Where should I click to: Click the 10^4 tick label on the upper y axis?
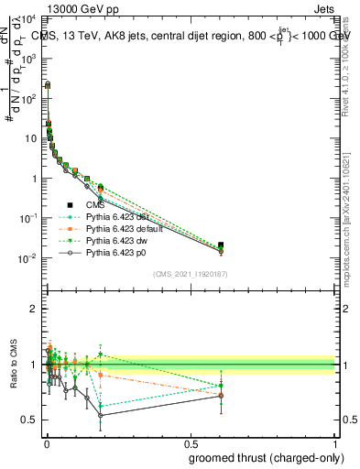click(29, 19)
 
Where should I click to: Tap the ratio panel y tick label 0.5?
click(31, 420)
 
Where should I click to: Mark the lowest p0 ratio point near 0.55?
click(100, 415)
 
